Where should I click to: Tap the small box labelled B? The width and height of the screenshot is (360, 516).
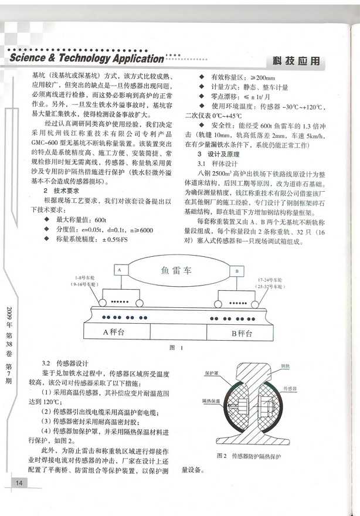point(236,272)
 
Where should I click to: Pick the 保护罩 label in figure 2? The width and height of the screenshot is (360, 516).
point(212,372)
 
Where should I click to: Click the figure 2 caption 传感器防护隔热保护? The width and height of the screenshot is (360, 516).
point(254,455)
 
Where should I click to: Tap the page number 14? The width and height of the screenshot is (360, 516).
point(19,482)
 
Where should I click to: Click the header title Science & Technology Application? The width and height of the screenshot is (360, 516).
point(87,59)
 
